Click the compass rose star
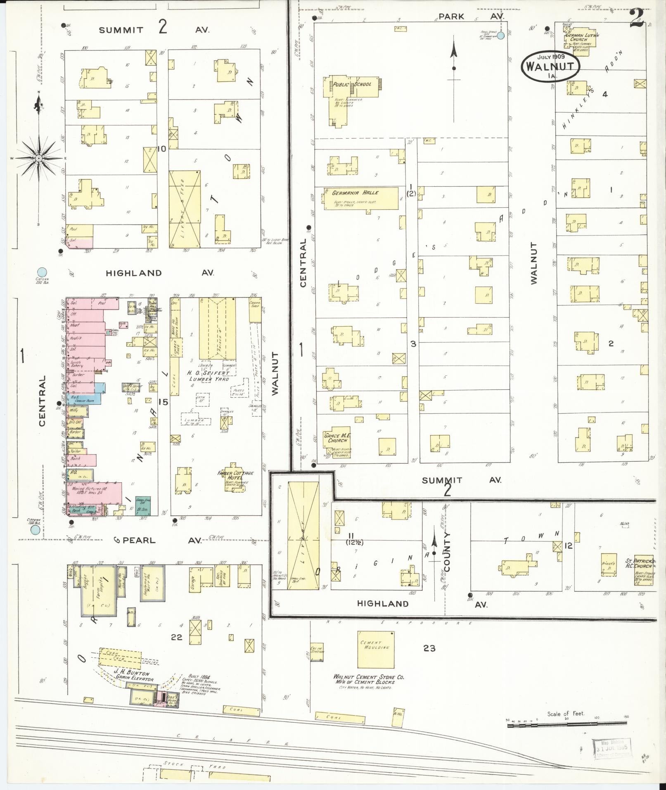tap(38, 158)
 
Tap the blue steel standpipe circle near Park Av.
tap(500, 36)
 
